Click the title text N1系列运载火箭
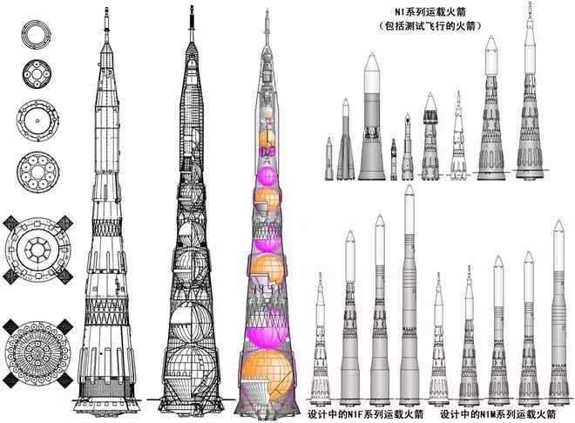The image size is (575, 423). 430,11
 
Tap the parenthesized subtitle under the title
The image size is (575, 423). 430,26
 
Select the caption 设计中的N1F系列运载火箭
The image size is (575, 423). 365,414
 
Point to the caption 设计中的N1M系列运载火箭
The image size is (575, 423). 498,414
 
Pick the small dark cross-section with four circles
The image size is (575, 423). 37,74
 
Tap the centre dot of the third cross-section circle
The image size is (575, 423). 37,120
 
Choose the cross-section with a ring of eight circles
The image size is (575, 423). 37,172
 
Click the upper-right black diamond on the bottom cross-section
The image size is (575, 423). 65,325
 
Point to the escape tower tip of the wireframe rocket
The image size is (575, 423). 192,6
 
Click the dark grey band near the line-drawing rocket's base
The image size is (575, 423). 106,388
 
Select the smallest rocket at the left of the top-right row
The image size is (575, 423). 329,159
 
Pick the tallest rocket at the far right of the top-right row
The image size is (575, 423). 529,91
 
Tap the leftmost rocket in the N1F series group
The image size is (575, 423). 321,338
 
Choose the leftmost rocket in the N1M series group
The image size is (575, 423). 438,338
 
